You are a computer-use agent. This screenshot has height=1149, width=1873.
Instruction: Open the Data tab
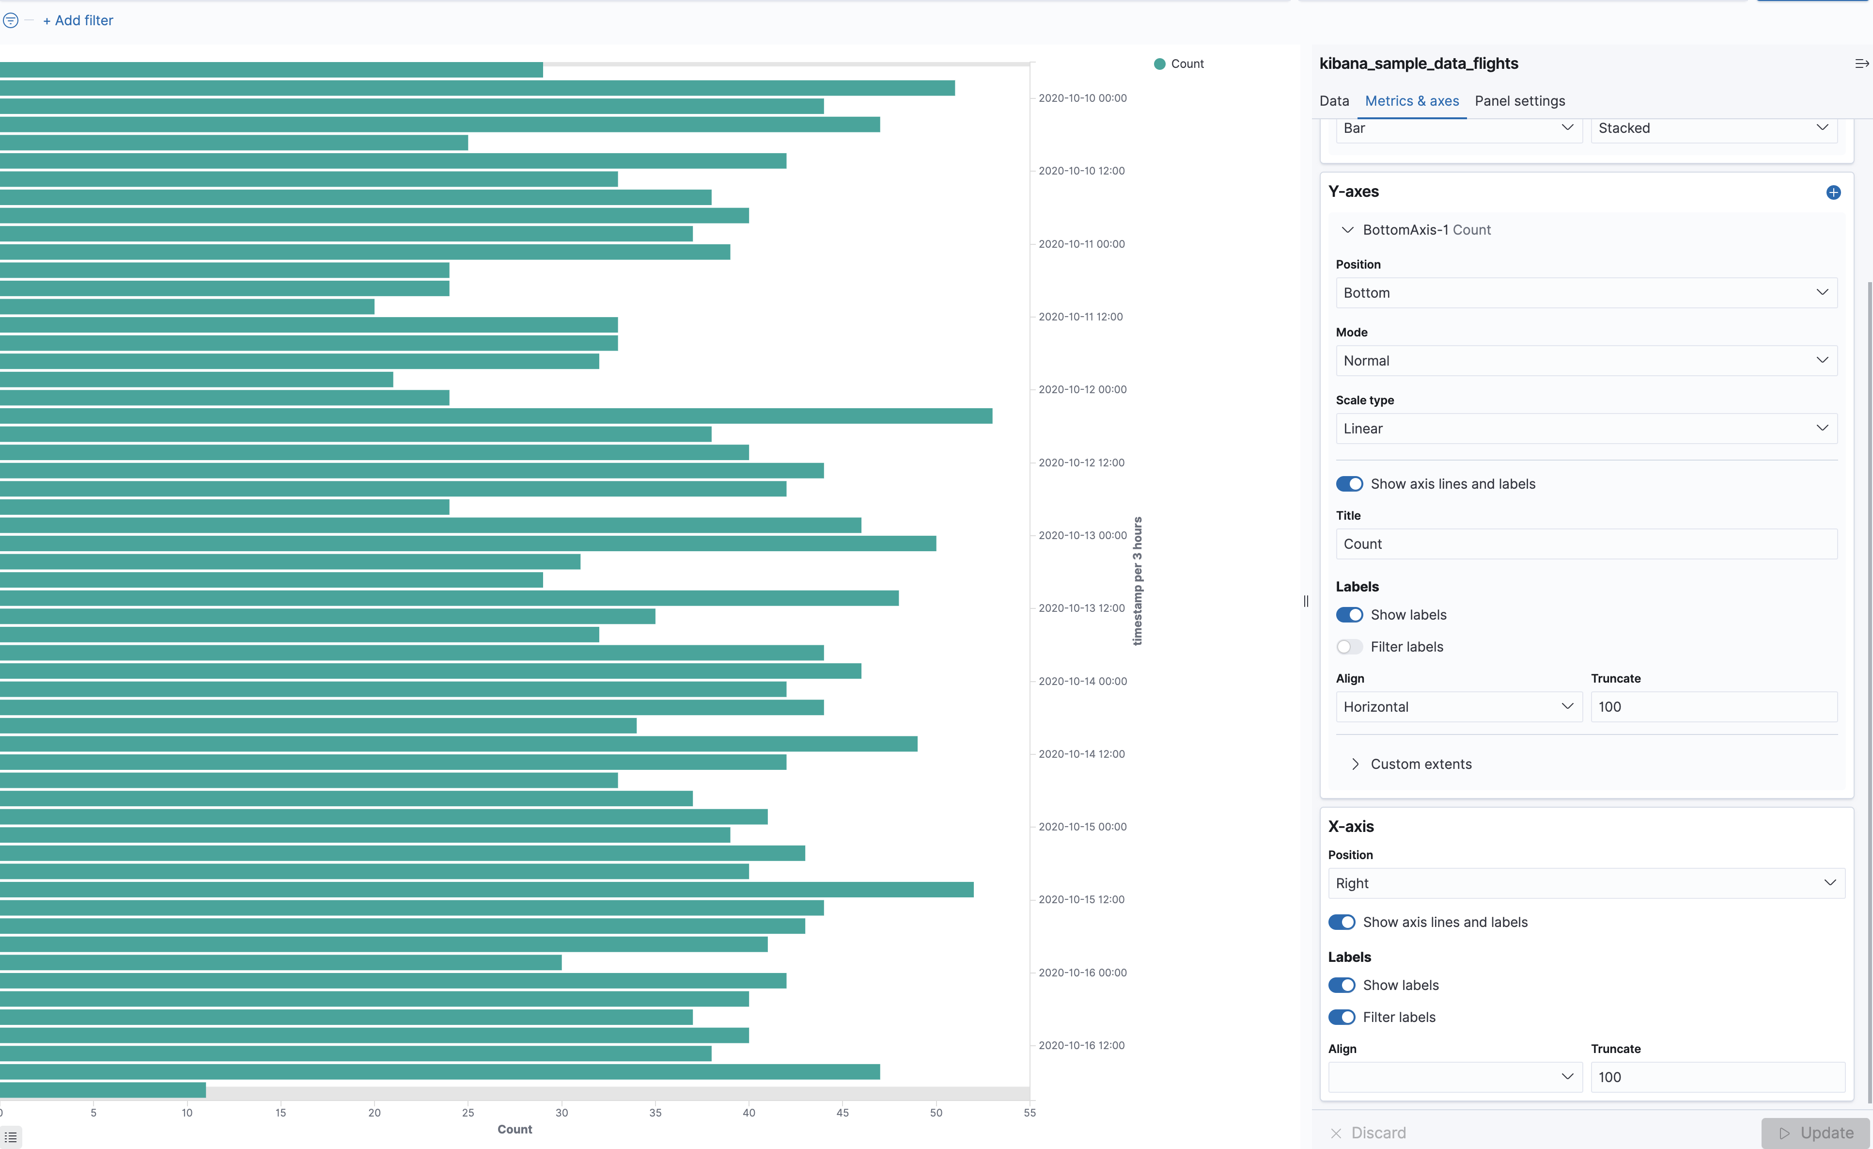pos(1334,101)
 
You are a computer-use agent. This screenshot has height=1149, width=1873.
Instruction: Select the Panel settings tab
pos(1519,101)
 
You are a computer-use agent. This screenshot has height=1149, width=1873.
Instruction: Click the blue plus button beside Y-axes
pos(1833,192)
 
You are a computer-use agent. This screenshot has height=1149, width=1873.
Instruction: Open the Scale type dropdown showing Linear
pos(1586,429)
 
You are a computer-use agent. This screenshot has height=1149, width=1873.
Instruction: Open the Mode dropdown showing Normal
pos(1586,360)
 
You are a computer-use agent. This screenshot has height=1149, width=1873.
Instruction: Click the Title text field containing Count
pos(1586,543)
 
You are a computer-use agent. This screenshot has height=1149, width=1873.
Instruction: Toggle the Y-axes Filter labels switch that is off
pos(1349,647)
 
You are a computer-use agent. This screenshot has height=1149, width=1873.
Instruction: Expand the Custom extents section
pos(1420,764)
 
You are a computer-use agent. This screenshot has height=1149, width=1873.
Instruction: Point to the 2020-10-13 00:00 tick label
pos(1082,535)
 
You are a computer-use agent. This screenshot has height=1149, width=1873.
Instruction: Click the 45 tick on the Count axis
pos(842,1113)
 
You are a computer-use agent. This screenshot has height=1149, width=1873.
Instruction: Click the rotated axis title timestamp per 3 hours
pos(1137,581)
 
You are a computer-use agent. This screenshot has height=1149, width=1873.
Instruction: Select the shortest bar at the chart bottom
pos(103,1090)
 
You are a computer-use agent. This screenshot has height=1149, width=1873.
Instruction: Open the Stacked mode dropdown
pos(1714,128)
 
